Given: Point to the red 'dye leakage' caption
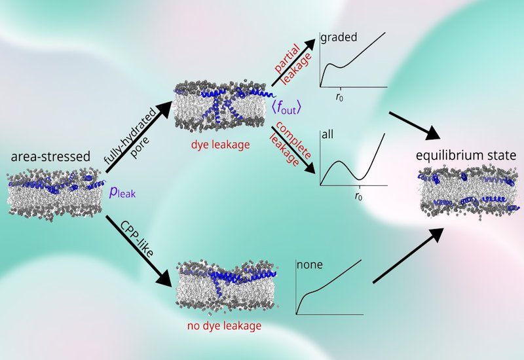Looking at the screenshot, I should point(223,145).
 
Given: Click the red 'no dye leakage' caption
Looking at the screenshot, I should point(225,325).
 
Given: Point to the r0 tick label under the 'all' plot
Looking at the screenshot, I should point(358,194).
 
